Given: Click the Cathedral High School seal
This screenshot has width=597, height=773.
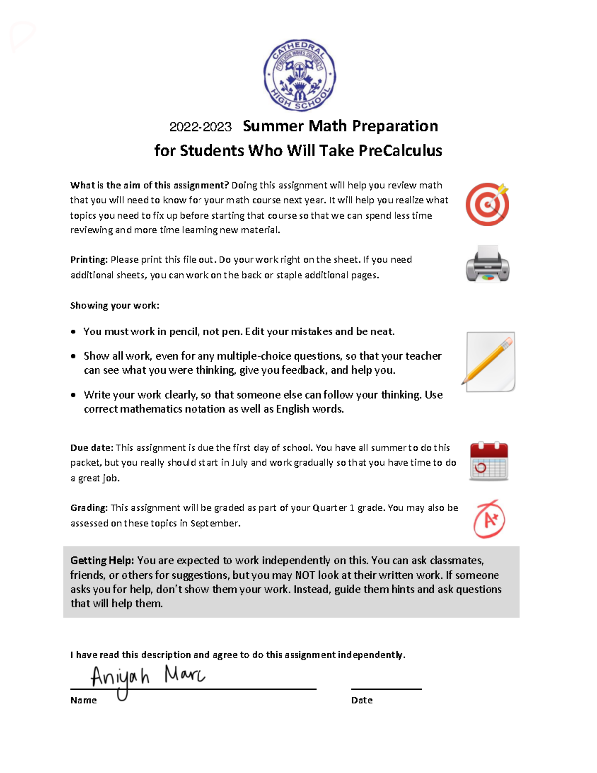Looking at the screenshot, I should (x=299, y=75).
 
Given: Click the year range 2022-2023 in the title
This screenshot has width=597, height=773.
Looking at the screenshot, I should (x=200, y=127).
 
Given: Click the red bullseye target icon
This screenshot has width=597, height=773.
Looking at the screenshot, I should (x=488, y=204).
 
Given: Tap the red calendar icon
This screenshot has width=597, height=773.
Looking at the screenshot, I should (x=489, y=461).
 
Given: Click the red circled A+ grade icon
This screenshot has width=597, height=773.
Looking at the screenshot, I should (x=489, y=519).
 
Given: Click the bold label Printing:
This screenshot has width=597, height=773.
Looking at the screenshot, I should (x=89, y=260).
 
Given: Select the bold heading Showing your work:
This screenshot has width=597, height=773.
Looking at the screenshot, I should (x=114, y=306).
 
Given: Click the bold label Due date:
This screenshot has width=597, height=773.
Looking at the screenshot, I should (x=92, y=448).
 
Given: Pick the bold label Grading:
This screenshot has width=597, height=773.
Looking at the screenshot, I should (x=89, y=508).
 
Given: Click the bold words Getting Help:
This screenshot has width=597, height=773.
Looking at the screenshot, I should (x=102, y=560).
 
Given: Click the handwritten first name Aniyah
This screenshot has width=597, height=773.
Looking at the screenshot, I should (x=119, y=678).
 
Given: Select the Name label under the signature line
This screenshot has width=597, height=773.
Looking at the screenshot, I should (x=83, y=700).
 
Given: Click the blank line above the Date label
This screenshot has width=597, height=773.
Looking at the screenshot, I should (x=386, y=689).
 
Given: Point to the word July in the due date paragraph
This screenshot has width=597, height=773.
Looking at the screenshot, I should (x=239, y=463).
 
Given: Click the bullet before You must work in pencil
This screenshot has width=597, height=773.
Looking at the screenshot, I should (x=73, y=331).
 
